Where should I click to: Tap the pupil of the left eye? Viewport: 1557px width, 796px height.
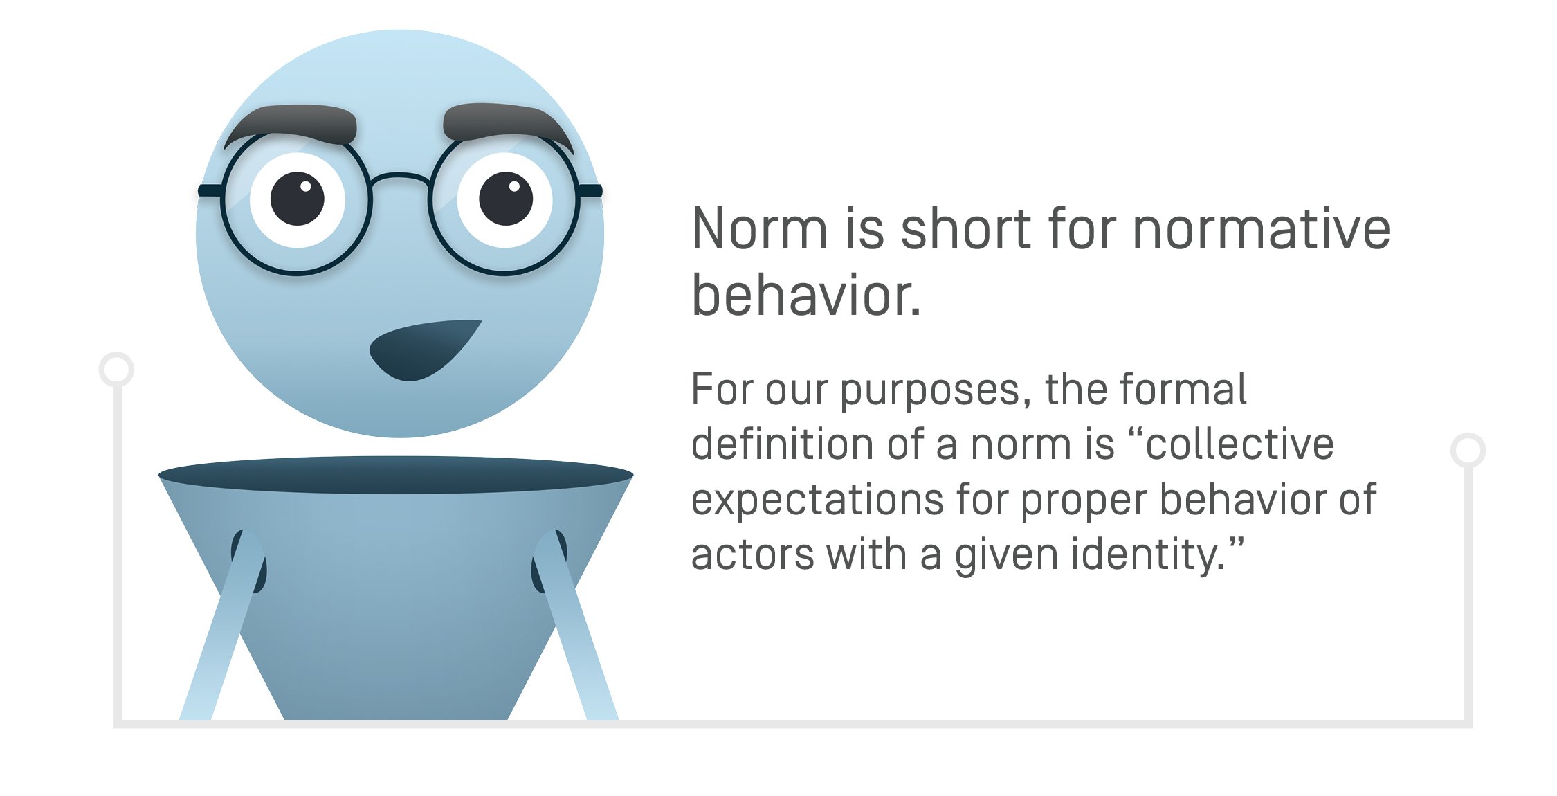coord(298,199)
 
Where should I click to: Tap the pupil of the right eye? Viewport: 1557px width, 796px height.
coord(506,199)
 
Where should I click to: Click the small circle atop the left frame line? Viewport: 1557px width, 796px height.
coord(116,369)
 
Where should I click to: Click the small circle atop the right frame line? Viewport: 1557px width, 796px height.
coord(1468,450)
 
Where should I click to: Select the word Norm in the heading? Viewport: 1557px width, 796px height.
coord(759,229)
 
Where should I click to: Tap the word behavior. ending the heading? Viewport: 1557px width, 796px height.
coord(806,296)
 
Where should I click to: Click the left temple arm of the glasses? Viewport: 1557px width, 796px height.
coord(210,190)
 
